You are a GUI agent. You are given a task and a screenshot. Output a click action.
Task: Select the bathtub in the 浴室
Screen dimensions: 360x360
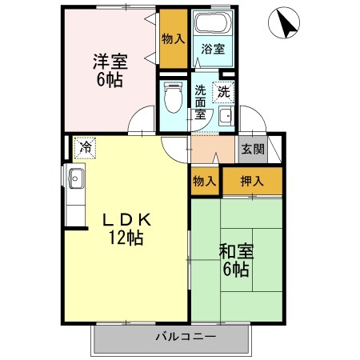213,23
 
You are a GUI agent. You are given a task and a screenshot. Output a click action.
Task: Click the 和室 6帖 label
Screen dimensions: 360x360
236,260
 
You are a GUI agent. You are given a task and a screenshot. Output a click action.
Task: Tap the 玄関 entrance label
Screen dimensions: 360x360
252,149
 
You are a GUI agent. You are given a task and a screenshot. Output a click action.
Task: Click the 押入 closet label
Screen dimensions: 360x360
252,181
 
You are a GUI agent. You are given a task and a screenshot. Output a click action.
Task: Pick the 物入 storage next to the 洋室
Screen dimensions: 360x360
172,38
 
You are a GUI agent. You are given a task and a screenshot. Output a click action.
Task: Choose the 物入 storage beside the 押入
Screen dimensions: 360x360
205,181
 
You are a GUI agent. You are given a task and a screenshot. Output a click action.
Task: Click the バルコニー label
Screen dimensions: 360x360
186,337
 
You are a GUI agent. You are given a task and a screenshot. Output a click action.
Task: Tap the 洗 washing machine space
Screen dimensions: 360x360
224,91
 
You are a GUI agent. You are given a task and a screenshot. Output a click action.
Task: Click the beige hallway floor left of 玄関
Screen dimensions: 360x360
212,150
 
